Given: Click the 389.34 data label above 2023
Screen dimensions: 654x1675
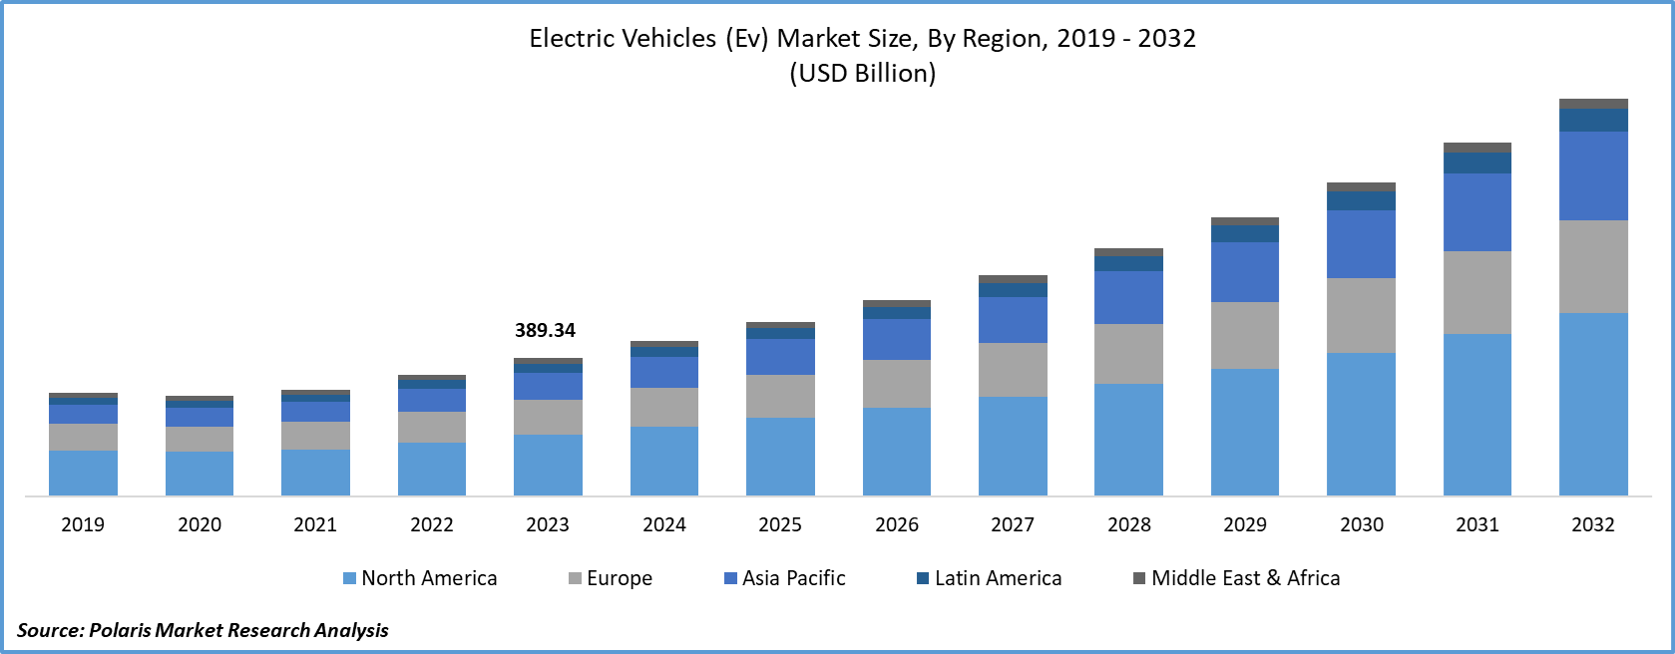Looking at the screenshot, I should click(x=545, y=330).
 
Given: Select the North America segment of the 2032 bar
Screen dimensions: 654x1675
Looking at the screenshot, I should click(x=1593, y=404).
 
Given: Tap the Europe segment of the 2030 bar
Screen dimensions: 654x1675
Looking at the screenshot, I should click(x=1361, y=315).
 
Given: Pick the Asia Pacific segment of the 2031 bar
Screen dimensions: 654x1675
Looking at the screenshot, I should click(x=1476, y=212).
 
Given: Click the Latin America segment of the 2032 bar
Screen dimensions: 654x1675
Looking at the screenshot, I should click(x=1593, y=120).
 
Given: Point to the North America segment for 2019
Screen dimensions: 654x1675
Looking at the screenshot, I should click(x=83, y=473).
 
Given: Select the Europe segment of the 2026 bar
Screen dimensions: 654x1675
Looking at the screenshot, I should click(x=896, y=384).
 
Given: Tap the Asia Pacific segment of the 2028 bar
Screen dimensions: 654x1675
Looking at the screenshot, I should click(x=1128, y=297).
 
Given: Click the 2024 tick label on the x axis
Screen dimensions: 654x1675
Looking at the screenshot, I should click(x=664, y=524).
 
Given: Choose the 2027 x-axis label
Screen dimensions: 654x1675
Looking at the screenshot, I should click(x=1013, y=524).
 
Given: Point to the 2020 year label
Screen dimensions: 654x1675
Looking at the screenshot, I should click(x=200, y=524).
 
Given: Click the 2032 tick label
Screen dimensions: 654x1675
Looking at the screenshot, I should click(x=1593, y=524).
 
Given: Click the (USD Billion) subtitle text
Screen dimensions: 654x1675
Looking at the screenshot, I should click(x=862, y=73).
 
